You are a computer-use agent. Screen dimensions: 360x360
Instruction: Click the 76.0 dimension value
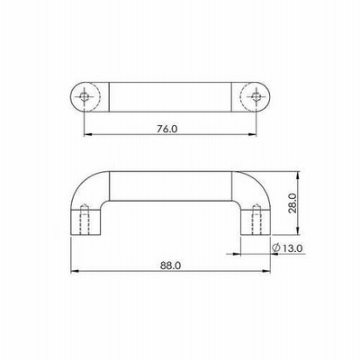point(167,129)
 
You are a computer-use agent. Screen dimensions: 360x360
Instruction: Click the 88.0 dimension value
point(170,265)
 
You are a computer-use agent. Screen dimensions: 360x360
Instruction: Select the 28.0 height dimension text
point(292,203)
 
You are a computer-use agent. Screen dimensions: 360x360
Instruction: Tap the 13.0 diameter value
point(292,248)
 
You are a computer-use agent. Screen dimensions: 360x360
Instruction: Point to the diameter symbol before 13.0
point(276,248)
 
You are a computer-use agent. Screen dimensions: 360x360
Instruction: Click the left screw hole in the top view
point(85,96)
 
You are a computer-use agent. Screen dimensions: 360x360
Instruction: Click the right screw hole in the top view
point(256,96)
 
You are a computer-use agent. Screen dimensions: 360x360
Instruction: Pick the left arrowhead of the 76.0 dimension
point(87,135)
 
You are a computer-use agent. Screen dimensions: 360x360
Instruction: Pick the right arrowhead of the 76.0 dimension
point(253,135)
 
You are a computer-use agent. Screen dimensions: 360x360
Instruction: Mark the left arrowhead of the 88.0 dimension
point(75,271)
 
